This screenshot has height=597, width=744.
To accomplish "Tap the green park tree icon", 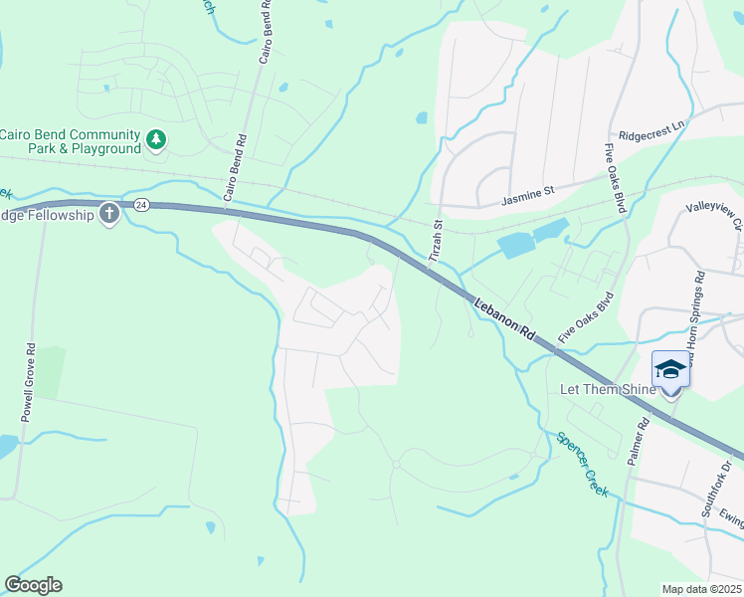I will tap(155, 140).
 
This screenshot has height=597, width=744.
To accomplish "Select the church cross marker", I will tap(108, 214).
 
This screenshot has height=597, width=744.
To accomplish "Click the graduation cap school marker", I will tap(670, 369).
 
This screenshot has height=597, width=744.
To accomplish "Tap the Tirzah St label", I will tap(435, 241).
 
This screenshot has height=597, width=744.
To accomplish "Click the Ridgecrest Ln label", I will tap(651, 129).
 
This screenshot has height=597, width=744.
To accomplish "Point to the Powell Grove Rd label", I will tap(30, 383).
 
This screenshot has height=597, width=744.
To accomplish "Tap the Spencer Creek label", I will tap(582, 464).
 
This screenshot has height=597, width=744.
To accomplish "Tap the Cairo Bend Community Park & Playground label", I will tap(70, 141).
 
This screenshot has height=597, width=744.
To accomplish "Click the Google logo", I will tap(33, 585).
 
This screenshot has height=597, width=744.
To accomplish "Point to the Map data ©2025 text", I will tap(701, 589).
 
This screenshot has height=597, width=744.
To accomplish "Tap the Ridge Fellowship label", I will tap(47, 215).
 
